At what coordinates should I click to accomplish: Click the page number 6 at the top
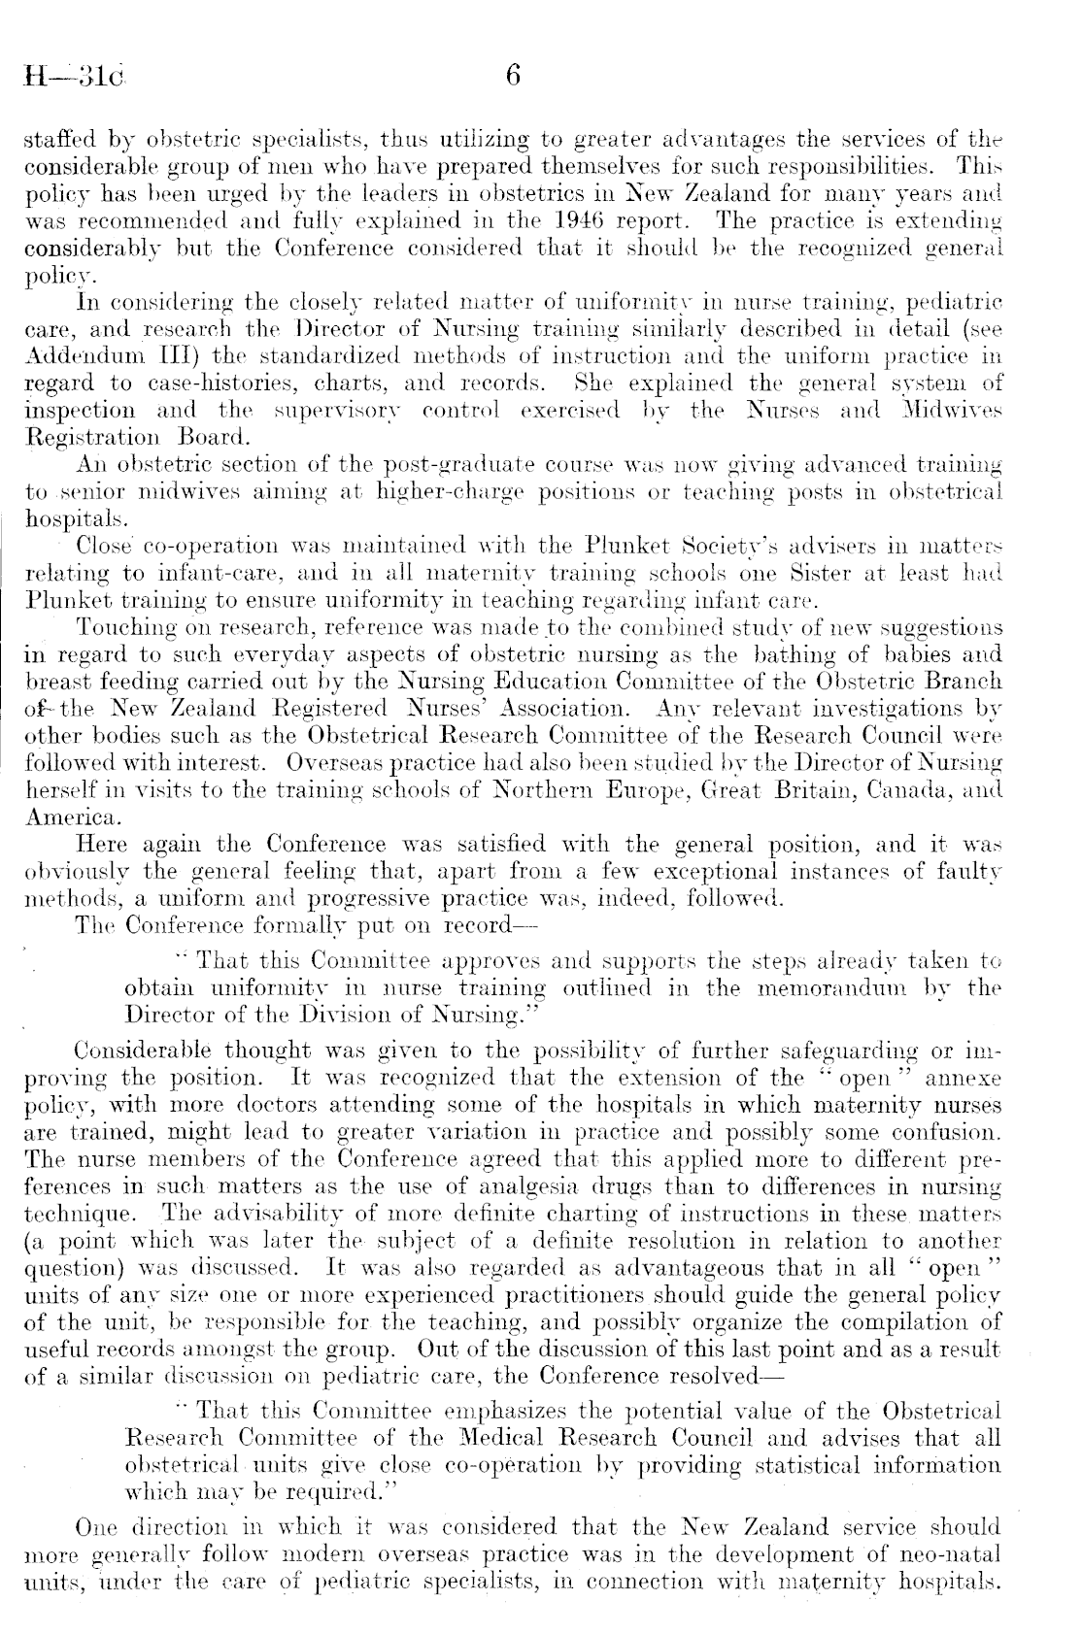tap(514, 76)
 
